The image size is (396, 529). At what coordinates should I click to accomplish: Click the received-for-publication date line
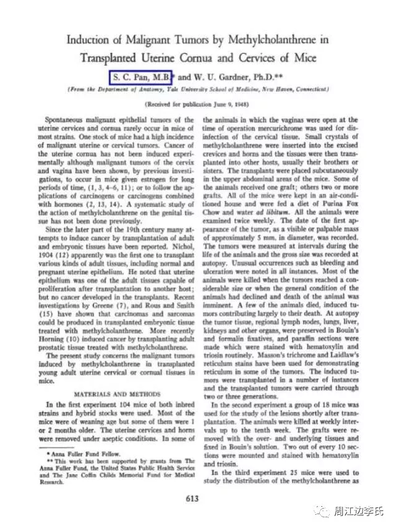[197, 104]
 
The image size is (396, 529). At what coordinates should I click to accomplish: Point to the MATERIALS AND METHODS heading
[117, 392]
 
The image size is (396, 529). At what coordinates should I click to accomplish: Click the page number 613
[198, 497]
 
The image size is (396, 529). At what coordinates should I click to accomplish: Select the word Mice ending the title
[304, 58]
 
